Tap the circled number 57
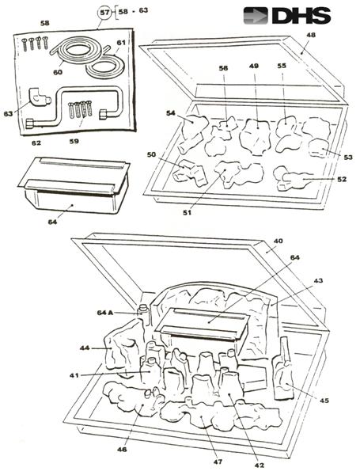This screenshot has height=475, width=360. [104, 13]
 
